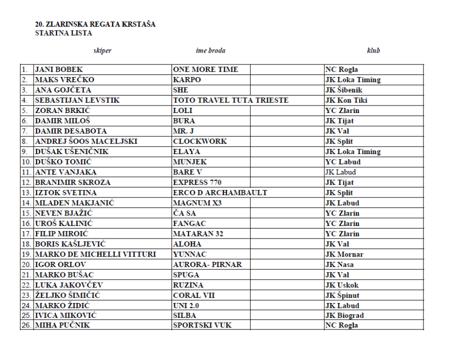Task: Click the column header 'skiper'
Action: (x=102, y=50)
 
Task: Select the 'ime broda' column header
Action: (x=210, y=50)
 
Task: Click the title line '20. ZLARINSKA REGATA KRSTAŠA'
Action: (x=95, y=24)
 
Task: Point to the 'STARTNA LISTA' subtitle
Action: (x=63, y=33)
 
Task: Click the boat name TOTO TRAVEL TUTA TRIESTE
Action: (x=230, y=100)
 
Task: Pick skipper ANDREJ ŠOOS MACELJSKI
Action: (x=86, y=141)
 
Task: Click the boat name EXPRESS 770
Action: (x=197, y=182)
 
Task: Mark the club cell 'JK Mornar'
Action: (x=344, y=254)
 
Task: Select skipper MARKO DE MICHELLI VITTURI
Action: (x=95, y=254)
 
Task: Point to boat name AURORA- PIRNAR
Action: (x=207, y=264)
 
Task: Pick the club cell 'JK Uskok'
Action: (x=342, y=285)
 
